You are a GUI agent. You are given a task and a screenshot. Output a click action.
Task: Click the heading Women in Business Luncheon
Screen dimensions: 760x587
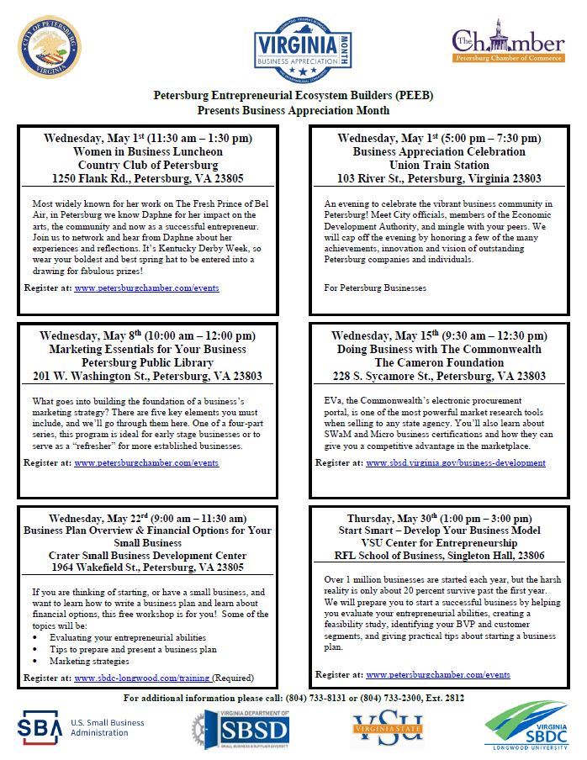pyautogui.click(x=159, y=152)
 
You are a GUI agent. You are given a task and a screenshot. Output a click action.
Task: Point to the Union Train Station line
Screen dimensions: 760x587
pyautogui.click(x=439, y=166)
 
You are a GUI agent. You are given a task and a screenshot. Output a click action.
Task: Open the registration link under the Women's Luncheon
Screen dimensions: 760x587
pyautogui.click(x=146, y=288)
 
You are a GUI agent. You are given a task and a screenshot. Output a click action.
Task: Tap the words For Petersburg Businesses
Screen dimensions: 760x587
pyautogui.click(x=375, y=288)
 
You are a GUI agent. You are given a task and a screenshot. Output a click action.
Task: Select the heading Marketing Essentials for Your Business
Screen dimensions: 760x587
pyautogui.click(x=159, y=349)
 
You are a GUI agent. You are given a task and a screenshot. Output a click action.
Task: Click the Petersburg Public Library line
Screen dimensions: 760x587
pyautogui.click(x=159, y=362)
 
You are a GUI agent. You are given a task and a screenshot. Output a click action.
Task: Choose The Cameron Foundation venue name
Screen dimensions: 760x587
pyautogui.click(x=439, y=362)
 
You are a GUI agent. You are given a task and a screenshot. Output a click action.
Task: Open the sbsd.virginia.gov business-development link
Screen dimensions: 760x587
pyautogui.click(x=455, y=462)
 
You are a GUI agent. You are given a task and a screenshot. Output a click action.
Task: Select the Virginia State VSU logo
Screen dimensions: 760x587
pyautogui.click(x=388, y=730)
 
